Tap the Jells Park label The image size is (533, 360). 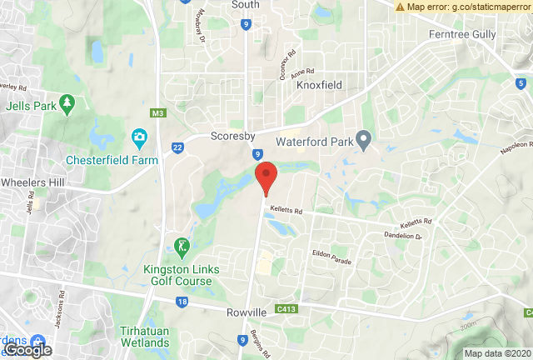pos(29,107)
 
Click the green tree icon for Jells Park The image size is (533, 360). pos(66,104)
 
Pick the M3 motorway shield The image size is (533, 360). pos(157,112)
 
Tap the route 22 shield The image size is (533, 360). pos(178,147)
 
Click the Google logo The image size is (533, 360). pos(27,350)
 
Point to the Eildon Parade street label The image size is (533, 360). pos(331,257)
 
